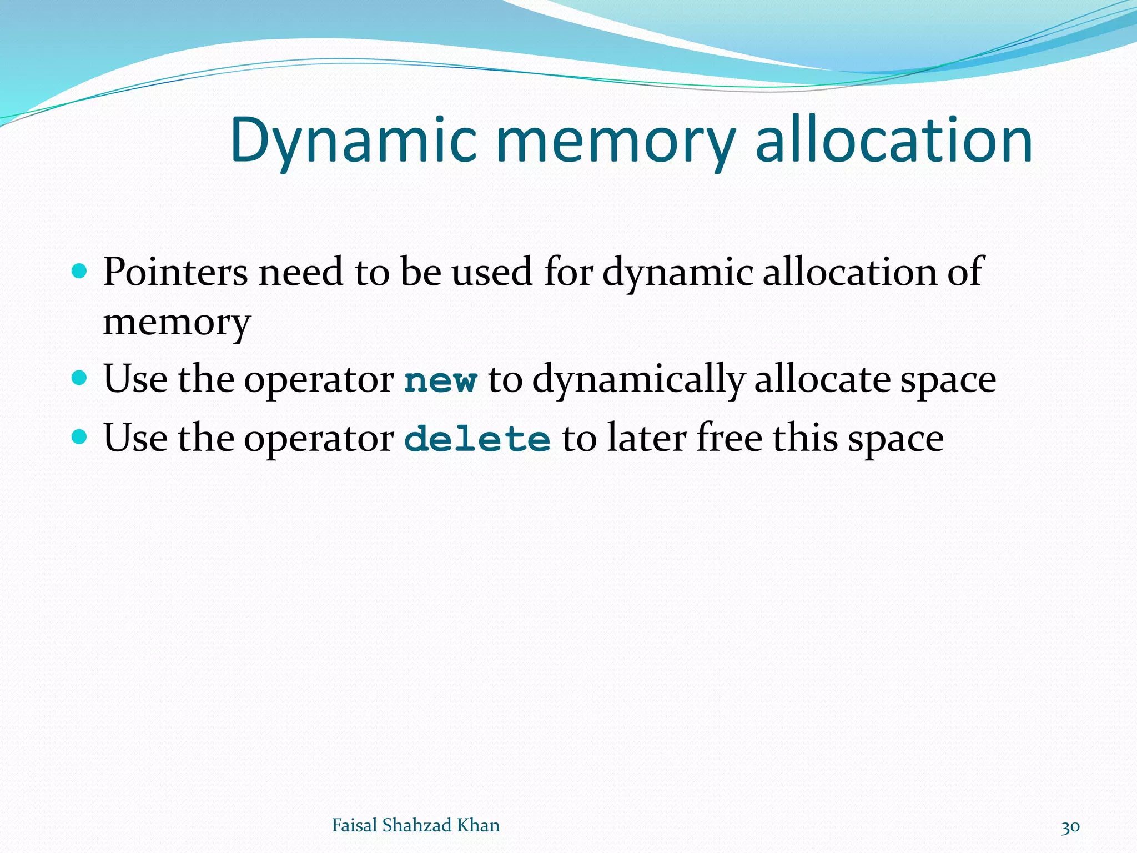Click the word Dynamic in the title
tap(353, 141)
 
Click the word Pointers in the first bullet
tap(175, 272)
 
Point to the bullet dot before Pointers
tap(80, 271)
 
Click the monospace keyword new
tap(440, 381)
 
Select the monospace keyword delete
tap(477, 439)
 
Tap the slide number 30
tap(1070, 827)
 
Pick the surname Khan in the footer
tap(478, 825)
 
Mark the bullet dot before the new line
tap(80, 378)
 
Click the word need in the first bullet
tap(301, 272)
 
